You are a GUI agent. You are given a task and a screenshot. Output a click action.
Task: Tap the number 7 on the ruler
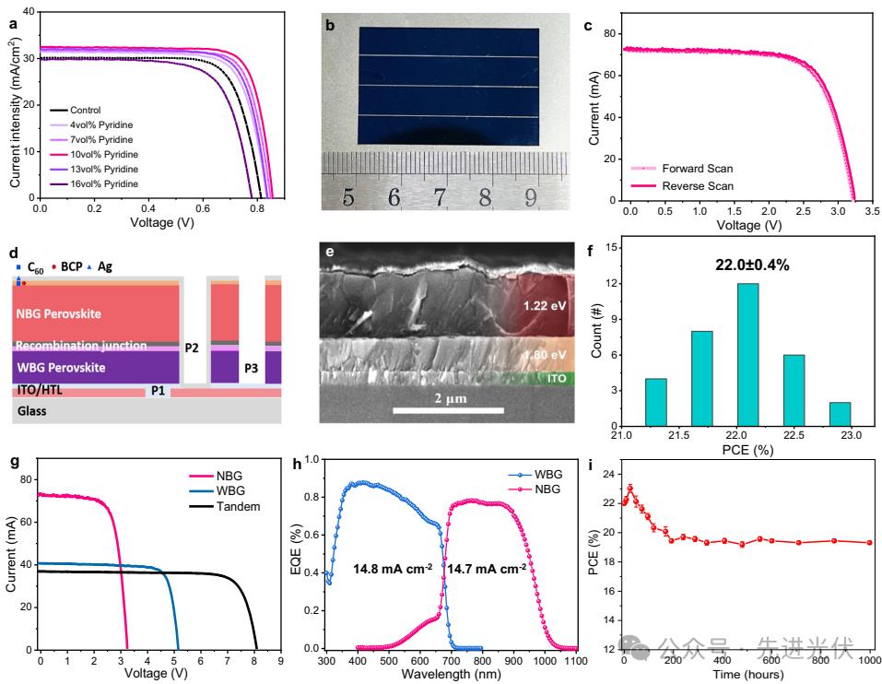439,196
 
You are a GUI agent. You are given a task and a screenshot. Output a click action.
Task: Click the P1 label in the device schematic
158,392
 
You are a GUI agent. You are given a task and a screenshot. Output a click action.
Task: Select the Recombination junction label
81,346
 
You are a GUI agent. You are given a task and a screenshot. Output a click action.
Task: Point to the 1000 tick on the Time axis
869,661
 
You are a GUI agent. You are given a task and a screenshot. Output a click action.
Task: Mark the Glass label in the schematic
33,410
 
